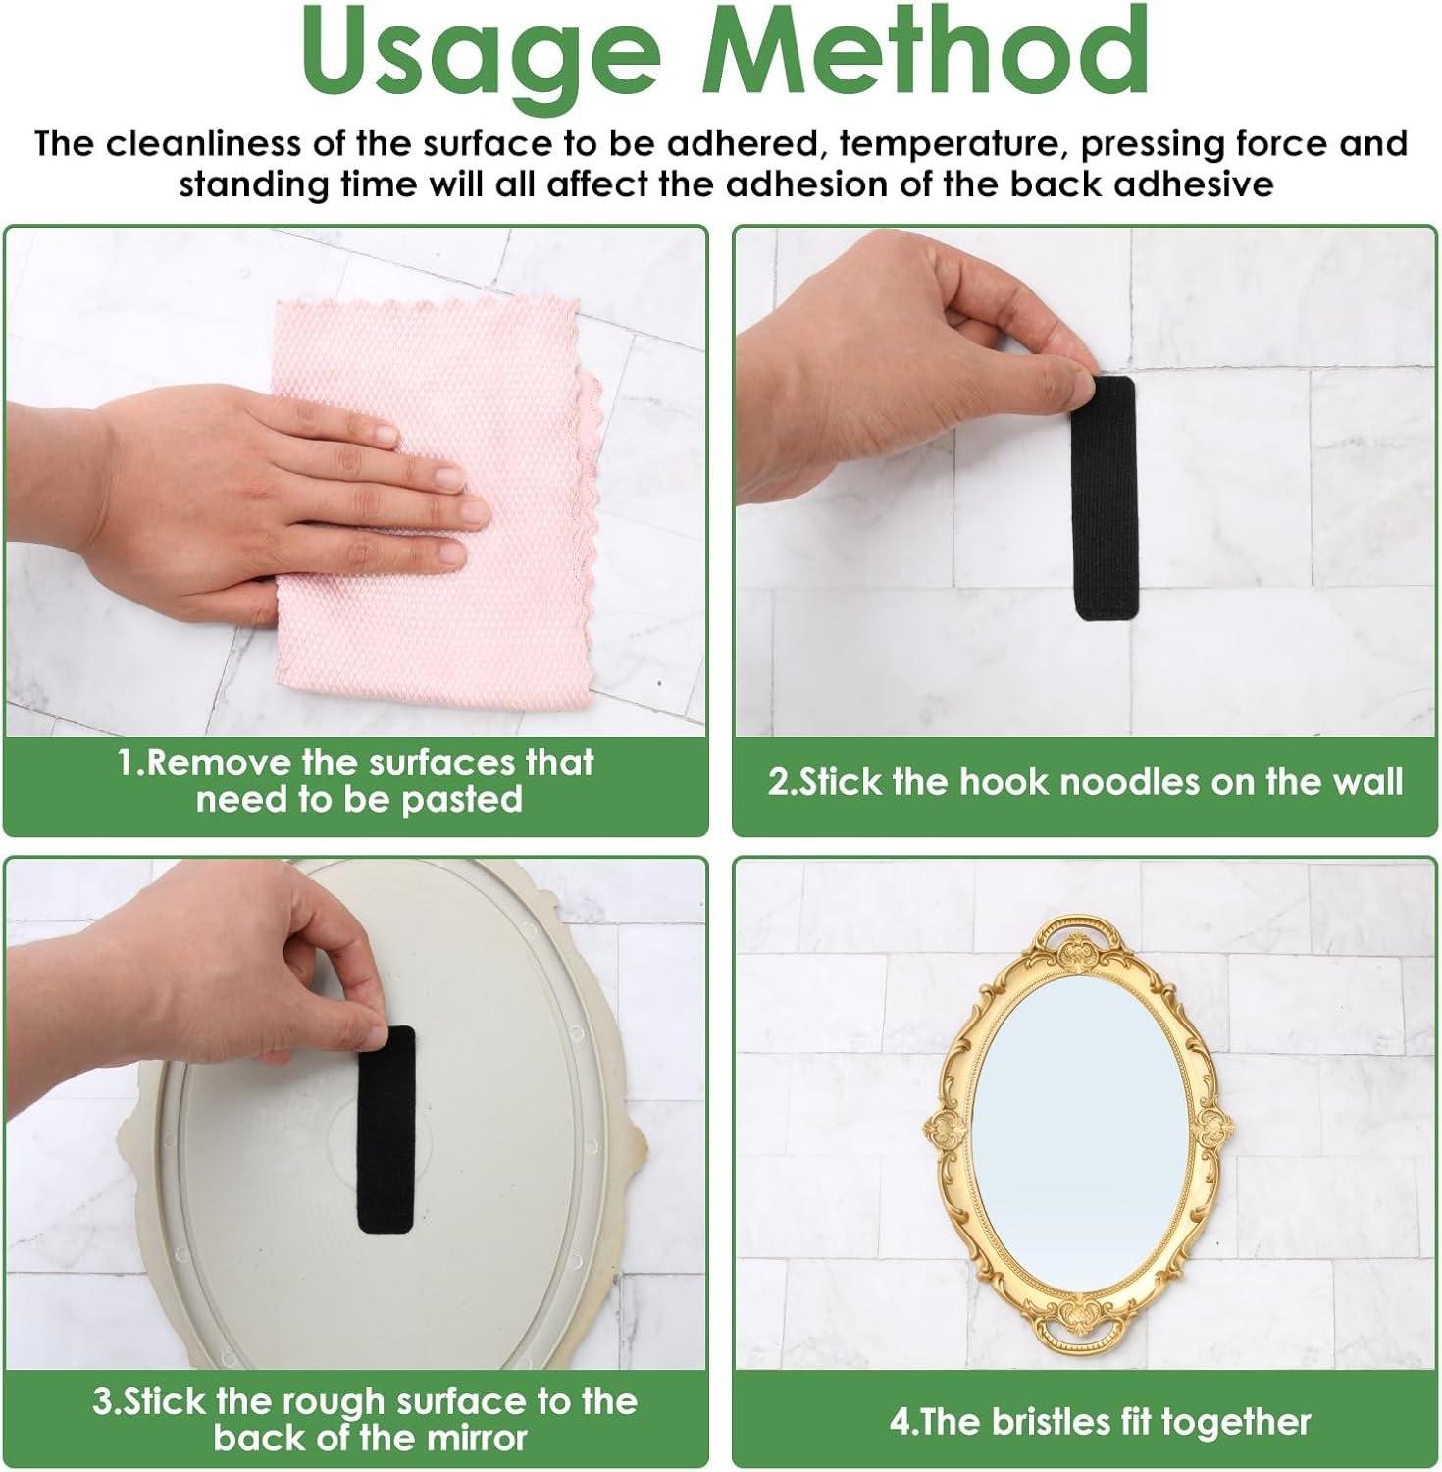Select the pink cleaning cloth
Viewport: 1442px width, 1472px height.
437,506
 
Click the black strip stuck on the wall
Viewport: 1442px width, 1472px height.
1104,498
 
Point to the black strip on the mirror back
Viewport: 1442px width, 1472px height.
386,1129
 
